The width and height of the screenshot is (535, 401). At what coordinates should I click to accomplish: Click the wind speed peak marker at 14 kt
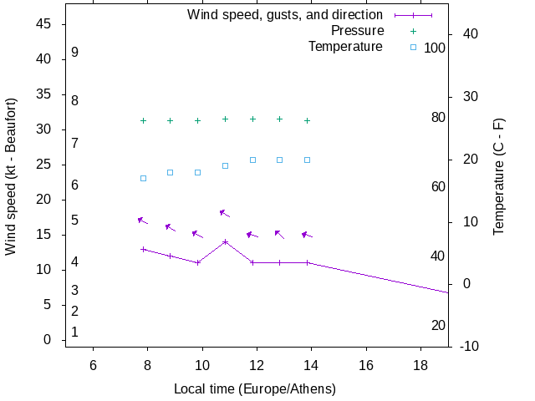click(x=225, y=242)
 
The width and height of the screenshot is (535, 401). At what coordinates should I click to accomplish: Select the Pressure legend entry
click(x=357, y=31)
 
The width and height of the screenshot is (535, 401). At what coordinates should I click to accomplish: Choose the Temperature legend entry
click(x=345, y=47)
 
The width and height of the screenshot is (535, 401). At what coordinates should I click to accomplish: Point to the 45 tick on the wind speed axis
click(x=44, y=24)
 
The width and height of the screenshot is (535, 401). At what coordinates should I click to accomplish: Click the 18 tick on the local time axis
click(x=420, y=366)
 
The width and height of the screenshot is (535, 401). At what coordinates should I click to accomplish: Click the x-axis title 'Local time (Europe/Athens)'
click(x=254, y=389)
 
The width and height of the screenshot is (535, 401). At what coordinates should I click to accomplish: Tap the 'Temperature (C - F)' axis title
click(x=499, y=176)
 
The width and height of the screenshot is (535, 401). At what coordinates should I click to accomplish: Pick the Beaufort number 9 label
click(x=75, y=53)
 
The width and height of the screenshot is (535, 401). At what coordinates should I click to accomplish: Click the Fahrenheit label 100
click(x=435, y=48)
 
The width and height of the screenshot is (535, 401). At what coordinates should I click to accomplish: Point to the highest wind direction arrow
click(x=224, y=213)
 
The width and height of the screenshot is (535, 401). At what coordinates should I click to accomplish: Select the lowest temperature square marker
click(x=143, y=178)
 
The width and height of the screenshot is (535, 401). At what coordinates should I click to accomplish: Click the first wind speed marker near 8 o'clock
click(x=143, y=249)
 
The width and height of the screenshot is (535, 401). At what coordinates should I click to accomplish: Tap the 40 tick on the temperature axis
click(x=470, y=34)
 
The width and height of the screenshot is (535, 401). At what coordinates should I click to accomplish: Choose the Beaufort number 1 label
click(x=75, y=332)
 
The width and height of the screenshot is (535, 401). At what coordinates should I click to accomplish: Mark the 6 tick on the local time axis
click(x=93, y=366)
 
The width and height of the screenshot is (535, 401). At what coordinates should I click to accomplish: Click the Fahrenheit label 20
click(x=438, y=325)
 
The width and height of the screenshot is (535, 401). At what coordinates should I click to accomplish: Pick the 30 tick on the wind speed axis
click(x=44, y=129)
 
